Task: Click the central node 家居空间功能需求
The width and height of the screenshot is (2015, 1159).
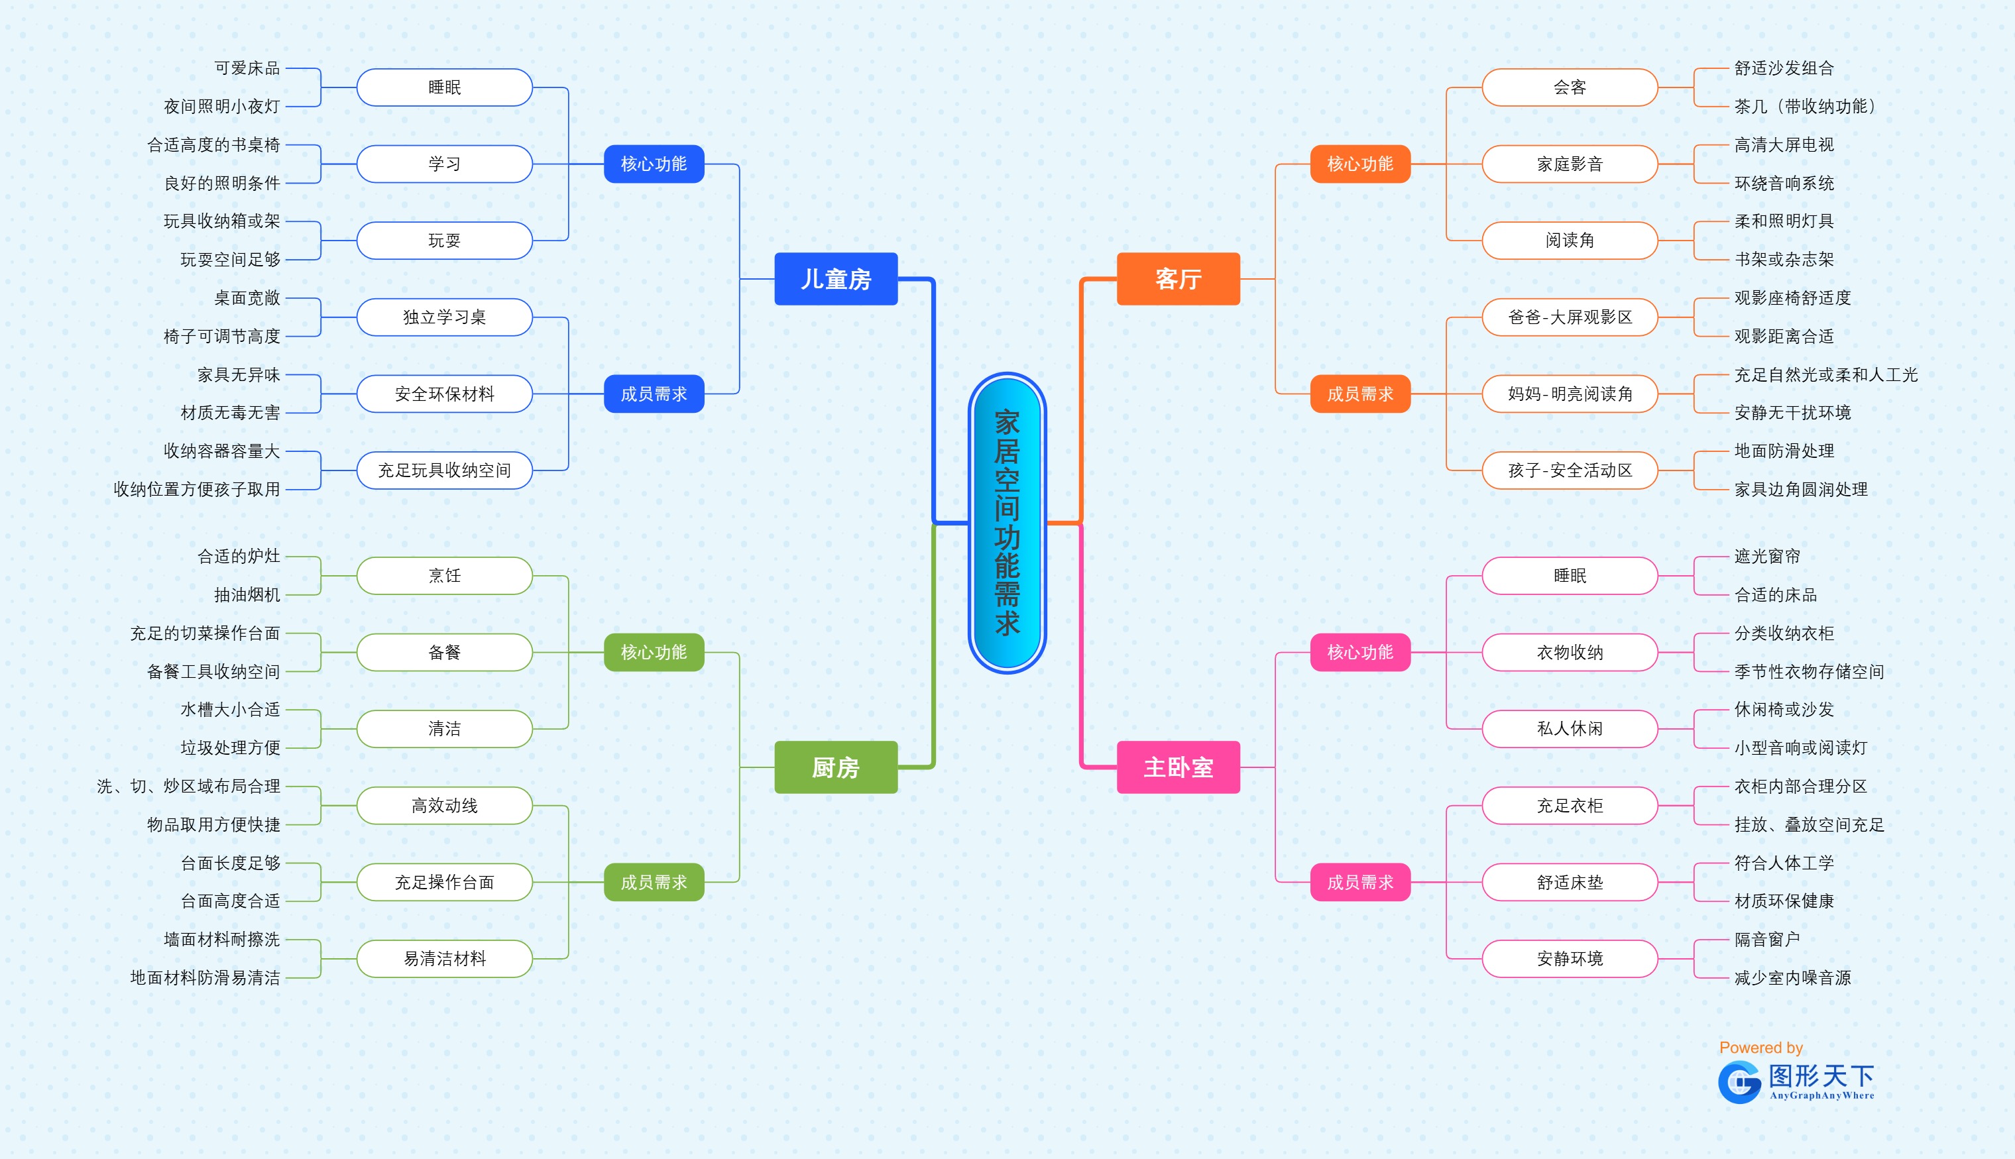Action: [x=1006, y=523]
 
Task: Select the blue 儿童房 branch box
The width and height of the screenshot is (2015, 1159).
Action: [x=835, y=278]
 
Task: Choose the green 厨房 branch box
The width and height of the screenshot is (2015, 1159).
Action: [x=835, y=767]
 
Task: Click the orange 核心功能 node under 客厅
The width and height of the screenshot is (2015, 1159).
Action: [x=1359, y=164]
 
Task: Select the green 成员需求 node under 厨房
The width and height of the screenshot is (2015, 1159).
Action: [x=653, y=882]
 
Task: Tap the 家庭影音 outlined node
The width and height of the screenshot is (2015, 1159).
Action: [x=1569, y=164]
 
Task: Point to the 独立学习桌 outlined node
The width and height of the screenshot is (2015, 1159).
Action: [x=444, y=317]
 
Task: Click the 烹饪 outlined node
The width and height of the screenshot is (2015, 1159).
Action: [x=444, y=575]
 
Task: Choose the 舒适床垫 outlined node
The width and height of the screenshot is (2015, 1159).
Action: [x=1569, y=882]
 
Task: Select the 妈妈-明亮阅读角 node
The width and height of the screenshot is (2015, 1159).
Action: [x=1569, y=394]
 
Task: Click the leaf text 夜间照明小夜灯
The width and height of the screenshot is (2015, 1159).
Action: [x=222, y=107]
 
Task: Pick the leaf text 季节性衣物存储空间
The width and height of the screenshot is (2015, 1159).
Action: [x=1809, y=672]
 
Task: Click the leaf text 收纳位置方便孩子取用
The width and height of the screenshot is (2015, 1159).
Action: [x=197, y=490]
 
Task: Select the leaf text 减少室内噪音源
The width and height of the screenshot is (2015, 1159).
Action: [x=1792, y=977]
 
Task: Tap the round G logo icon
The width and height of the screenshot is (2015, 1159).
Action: [x=1739, y=1083]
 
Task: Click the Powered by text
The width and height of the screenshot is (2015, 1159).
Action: [x=1760, y=1048]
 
